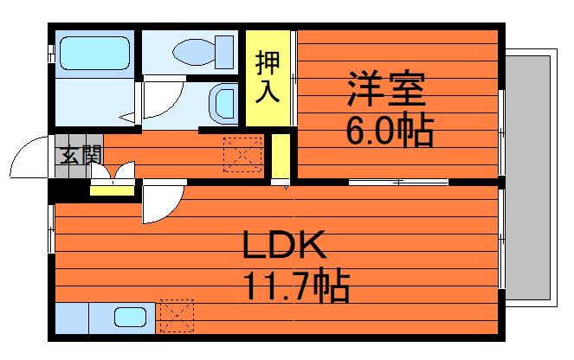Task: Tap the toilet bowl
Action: click(x=193, y=51)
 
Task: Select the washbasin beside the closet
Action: click(x=224, y=103)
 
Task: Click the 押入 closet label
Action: click(x=268, y=77)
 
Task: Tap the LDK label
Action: click(x=283, y=247)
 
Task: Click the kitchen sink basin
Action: click(x=131, y=318)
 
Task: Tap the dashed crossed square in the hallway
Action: click(x=242, y=153)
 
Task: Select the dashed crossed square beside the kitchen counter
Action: click(x=177, y=317)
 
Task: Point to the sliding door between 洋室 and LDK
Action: click(x=398, y=182)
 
